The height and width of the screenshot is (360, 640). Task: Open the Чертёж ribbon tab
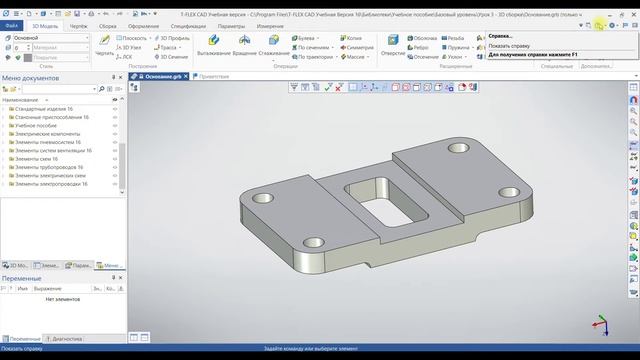[x=79, y=26]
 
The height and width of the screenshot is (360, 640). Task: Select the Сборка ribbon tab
[x=109, y=26]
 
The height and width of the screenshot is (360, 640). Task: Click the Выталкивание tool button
[x=213, y=47]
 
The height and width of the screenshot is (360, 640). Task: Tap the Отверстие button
[x=393, y=47]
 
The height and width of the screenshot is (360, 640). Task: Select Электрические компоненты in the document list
[x=50, y=134]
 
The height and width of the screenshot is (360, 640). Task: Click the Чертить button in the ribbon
[x=104, y=47]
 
